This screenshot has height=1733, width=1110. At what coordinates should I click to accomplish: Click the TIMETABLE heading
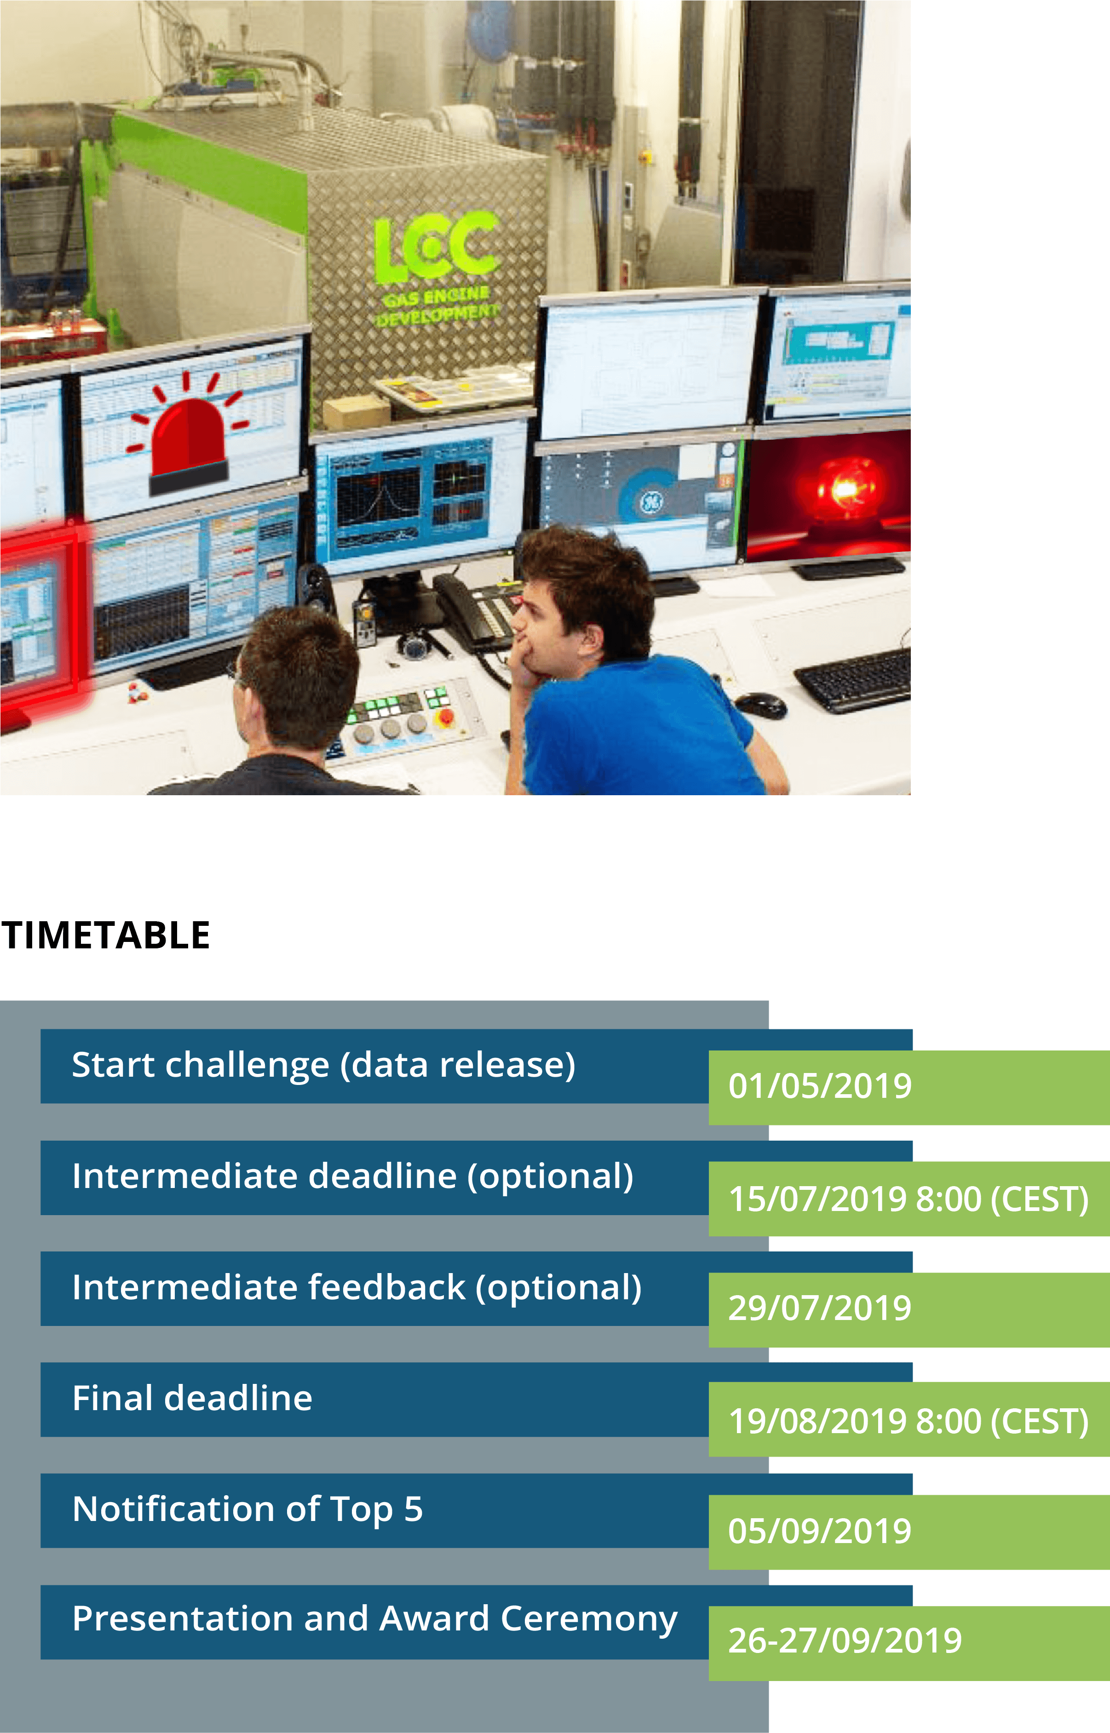[x=105, y=935]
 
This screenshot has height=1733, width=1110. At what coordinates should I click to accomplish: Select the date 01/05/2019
[x=820, y=1086]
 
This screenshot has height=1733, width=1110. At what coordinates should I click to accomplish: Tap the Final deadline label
[x=192, y=1399]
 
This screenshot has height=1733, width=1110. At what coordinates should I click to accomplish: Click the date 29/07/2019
[x=820, y=1308]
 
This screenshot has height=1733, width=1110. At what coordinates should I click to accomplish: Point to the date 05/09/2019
[x=820, y=1531]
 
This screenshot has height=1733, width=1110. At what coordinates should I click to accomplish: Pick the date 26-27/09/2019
[x=845, y=1641]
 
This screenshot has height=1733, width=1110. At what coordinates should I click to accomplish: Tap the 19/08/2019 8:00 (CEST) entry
[x=908, y=1422]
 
